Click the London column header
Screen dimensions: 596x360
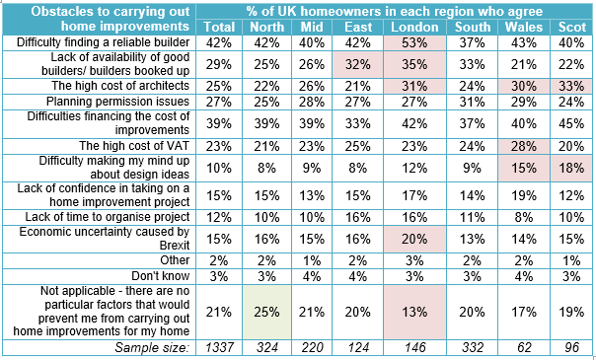coord(414,27)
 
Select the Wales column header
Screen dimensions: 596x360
coord(523,27)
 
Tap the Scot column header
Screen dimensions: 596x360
coord(571,27)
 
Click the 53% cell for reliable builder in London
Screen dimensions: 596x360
coord(414,43)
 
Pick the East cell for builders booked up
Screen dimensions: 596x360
coord(357,64)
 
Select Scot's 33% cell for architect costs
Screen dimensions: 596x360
coord(571,86)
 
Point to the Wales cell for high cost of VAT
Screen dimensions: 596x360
coord(523,146)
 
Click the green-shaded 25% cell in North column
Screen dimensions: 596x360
coord(266,312)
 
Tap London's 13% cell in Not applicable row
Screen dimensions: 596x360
coord(414,312)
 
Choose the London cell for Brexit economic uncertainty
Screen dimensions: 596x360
coord(414,240)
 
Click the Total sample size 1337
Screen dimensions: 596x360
coord(218,347)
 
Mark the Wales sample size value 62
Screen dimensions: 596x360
coord(523,347)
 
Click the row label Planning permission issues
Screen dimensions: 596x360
coord(117,102)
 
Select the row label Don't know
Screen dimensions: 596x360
coord(161,276)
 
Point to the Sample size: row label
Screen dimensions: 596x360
coord(152,347)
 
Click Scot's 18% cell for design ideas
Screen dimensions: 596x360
coord(571,168)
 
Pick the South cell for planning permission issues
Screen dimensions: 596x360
coord(472,102)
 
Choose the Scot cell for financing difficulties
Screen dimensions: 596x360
coord(571,124)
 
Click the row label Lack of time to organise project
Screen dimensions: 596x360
coord(108,217)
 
